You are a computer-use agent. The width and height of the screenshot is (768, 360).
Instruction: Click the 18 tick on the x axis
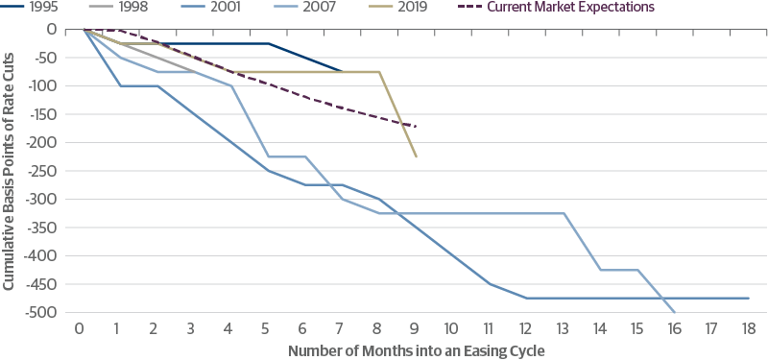tap(748, 327)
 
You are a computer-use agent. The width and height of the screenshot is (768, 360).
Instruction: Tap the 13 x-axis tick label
tap(564, 327)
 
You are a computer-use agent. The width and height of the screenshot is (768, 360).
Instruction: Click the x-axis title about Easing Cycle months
tap(416, 350)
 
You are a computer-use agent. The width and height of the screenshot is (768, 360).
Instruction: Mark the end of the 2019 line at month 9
tap(416, 156)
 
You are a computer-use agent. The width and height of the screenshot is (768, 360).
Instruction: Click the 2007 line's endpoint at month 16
tap(675, 312)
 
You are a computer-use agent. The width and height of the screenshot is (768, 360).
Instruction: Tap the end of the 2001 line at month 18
tap(748, 298)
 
